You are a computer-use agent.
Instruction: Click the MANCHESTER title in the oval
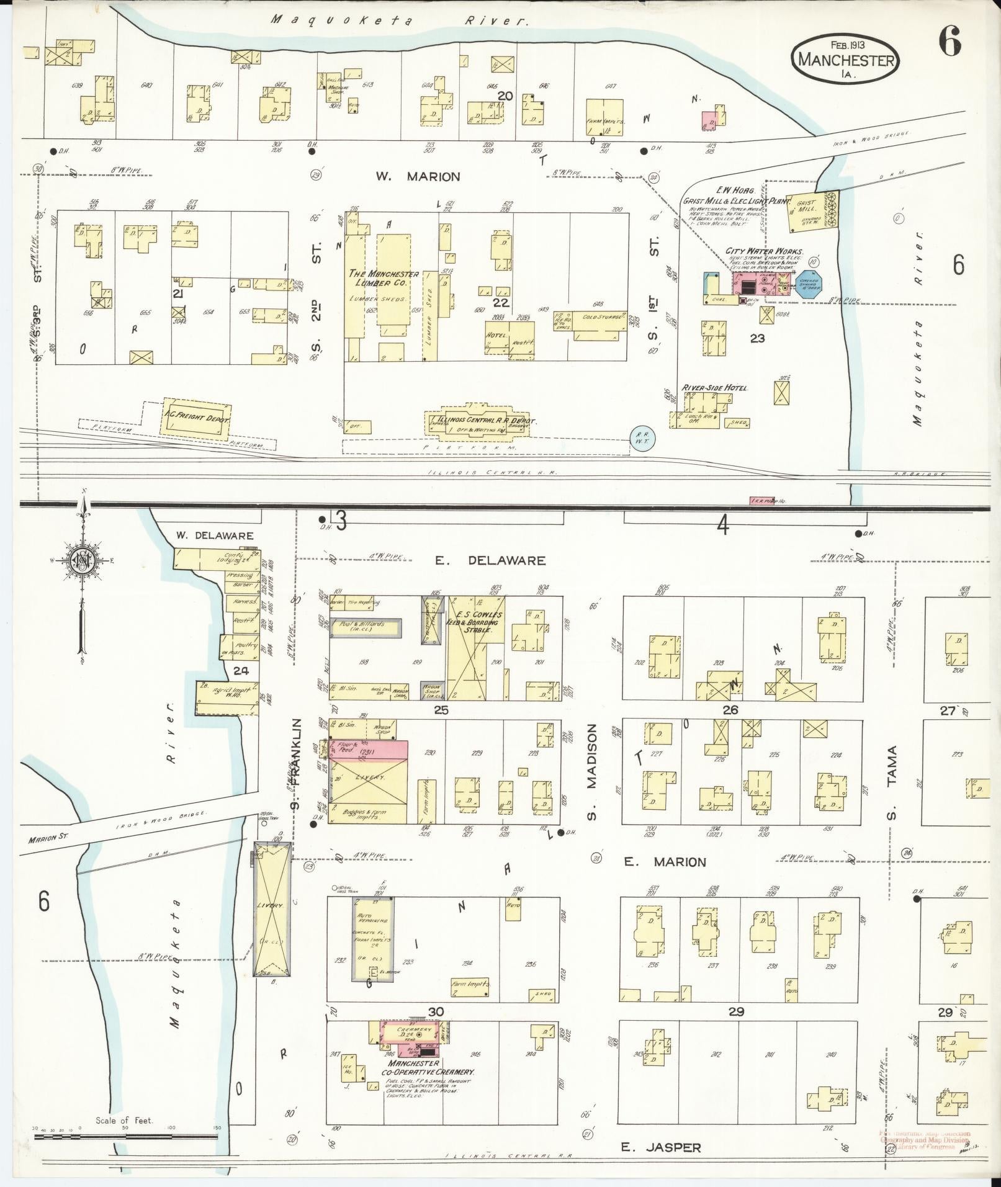pos(846,60)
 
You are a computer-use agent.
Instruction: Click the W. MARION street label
pos(418,177)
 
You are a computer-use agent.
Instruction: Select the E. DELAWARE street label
pos(490,560)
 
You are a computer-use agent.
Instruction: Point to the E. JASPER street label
pos(661,1147)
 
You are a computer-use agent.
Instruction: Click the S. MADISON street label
pos(592,772)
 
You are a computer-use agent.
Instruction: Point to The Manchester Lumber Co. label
pos(383,278)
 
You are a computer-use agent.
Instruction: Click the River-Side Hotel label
pos(714,388)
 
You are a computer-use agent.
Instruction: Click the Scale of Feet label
pos(123,1121)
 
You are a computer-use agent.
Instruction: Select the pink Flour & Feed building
pos(368,749)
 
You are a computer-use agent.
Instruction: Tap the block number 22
pos(501,303)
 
